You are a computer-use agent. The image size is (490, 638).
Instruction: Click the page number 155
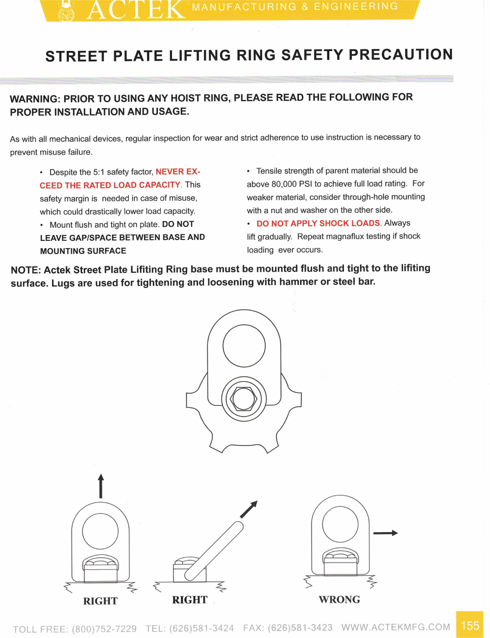point(470,625)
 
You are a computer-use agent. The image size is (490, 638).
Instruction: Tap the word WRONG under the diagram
point(339,600)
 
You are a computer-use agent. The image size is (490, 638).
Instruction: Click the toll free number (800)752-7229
point(104,629)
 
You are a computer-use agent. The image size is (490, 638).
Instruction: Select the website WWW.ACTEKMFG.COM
point(396,627)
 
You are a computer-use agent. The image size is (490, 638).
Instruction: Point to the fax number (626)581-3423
point(300,628)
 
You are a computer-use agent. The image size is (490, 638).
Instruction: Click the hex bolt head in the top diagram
point(244,399)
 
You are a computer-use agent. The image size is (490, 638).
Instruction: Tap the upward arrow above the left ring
point(101,486)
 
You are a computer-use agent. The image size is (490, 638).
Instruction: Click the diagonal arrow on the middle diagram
point(249,509)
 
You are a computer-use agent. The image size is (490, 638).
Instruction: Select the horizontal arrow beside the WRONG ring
point(385,533)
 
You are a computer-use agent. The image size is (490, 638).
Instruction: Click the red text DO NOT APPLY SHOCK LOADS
point(318,223)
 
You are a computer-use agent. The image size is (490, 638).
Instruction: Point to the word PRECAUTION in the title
point(401,54)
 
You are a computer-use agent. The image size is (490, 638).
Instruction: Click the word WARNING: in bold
point(35,98)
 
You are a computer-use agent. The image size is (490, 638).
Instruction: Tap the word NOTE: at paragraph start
point(25,270)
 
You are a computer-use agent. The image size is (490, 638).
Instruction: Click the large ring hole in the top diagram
point(244,346)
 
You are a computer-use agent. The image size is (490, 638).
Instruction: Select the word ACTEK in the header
point(136,10)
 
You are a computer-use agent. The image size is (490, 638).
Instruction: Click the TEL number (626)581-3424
point(201,628)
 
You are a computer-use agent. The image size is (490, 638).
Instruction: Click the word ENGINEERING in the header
point(356,6)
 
